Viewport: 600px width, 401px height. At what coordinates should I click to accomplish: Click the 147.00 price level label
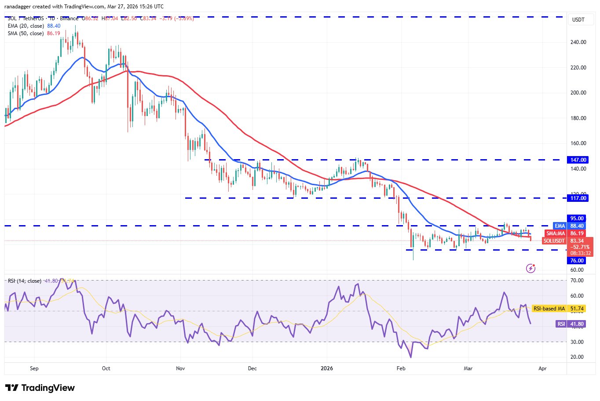tap(578, 160)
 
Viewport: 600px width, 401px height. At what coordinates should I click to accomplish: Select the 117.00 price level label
tap(578, 198)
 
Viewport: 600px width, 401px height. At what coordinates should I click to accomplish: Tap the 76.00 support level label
tap(577, 261)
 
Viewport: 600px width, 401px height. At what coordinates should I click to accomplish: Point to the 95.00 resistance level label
tap(577, 219)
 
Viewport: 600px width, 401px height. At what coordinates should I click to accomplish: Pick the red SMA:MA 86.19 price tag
tap(565, 233)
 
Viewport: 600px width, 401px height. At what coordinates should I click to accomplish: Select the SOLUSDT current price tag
tap(565, 241)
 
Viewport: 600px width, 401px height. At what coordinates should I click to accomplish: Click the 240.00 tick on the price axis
tap(578, 42)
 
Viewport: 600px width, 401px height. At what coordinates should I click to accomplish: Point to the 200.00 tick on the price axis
tap(578, 93)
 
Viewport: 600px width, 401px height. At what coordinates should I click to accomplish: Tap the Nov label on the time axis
tap(180, 368)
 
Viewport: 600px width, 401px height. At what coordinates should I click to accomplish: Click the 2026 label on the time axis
tap(327, 368)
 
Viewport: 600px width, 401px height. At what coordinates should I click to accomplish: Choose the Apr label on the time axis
tap(542, 368)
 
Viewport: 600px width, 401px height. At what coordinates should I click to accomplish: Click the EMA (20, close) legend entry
tap(26, 26)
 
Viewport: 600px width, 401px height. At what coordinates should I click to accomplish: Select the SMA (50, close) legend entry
tap(26, 33)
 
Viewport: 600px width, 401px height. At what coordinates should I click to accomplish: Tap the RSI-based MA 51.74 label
tap(558, 309)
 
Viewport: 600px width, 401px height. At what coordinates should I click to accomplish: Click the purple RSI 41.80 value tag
tap(571, 324)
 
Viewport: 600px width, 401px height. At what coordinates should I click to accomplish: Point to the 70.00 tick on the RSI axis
tap(577, 281)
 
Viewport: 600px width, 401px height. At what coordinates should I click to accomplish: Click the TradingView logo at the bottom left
tap(40, 388)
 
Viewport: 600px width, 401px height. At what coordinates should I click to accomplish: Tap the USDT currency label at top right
tap(578, 20)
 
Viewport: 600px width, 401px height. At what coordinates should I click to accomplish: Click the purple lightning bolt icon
tap(531, 268)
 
